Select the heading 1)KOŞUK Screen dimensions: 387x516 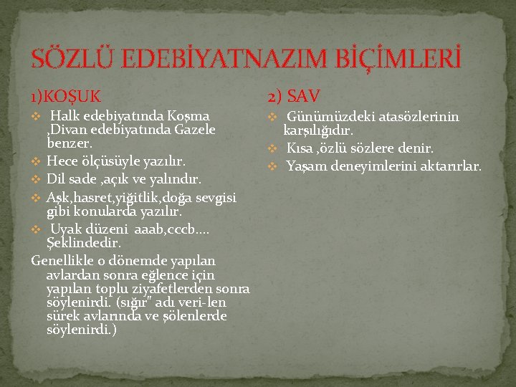pos(66,95)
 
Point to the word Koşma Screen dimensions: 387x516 pos(186,116)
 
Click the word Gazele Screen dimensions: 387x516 pos(190,130)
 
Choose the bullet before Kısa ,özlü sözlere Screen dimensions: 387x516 pos(272,150)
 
